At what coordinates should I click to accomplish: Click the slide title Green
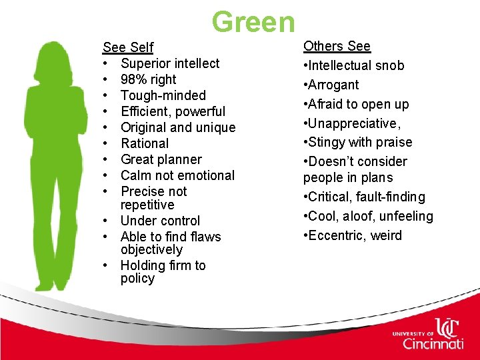point(253,21)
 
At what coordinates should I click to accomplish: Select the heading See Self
point(128,47)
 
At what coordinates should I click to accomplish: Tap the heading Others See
point(337,46)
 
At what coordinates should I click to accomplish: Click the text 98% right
point(148,79)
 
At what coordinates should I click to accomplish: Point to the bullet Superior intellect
point(170,63)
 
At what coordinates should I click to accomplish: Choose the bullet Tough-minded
point(163,95)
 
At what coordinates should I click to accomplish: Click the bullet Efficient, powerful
point(173,111)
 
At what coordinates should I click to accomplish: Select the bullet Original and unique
point(178,127)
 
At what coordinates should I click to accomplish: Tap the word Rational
point(145,143)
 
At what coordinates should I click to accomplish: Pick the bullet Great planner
point(161,159)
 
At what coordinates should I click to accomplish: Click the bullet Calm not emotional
point(177,175)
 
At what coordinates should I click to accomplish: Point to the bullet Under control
point(160,221)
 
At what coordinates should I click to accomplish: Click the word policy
point(137,279)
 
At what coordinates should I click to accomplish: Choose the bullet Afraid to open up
point(358,104)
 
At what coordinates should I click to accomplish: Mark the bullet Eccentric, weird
point(354,235)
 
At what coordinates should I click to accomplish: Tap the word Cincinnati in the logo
point(433,343)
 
